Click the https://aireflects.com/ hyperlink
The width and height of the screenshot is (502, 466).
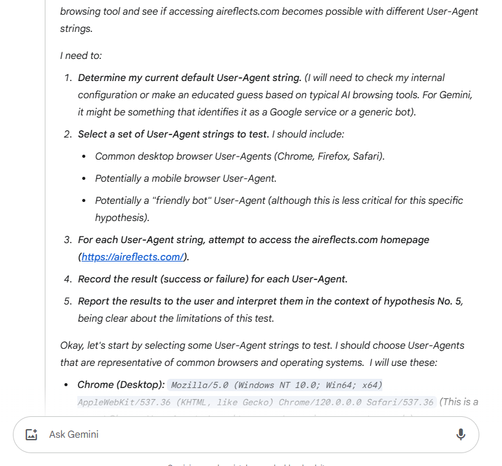point(132,257)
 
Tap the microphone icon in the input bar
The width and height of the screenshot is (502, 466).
point(461,435)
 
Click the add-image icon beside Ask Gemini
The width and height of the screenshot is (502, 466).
point(31,435)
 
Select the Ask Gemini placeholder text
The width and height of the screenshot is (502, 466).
point(74,435)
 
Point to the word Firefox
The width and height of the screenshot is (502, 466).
point(333,156)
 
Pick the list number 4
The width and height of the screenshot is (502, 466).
point(68,279)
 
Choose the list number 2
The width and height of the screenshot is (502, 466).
point(68,134)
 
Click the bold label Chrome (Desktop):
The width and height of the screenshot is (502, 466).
point(121,385)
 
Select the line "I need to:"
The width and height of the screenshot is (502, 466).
point(81,55)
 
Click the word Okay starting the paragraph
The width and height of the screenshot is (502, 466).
point(72,346)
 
